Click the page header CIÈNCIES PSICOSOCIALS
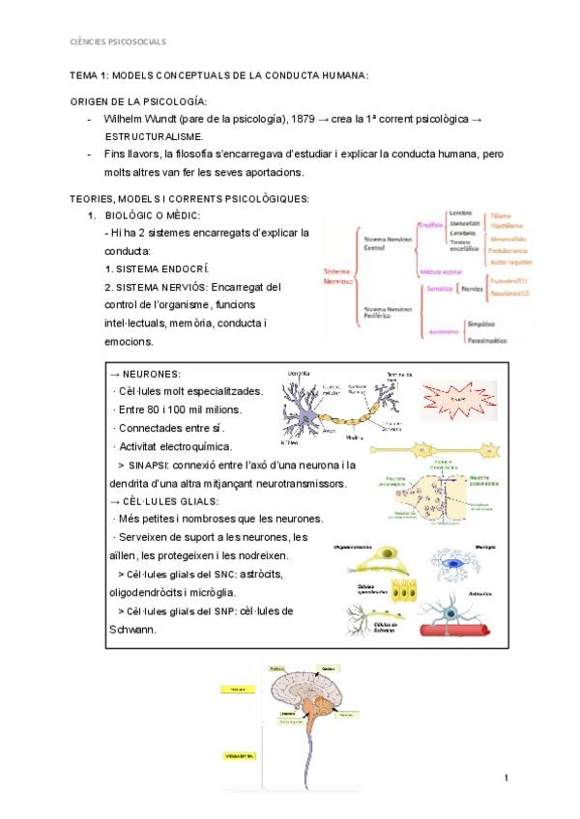(x=118, y=42)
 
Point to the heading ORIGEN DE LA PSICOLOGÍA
(x=139, y=101)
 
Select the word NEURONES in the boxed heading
(x=153, y=374)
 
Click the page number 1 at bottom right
(x=505, y=777)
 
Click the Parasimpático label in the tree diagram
(x=489, y=340)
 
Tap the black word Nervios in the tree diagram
(x=473, y=289)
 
